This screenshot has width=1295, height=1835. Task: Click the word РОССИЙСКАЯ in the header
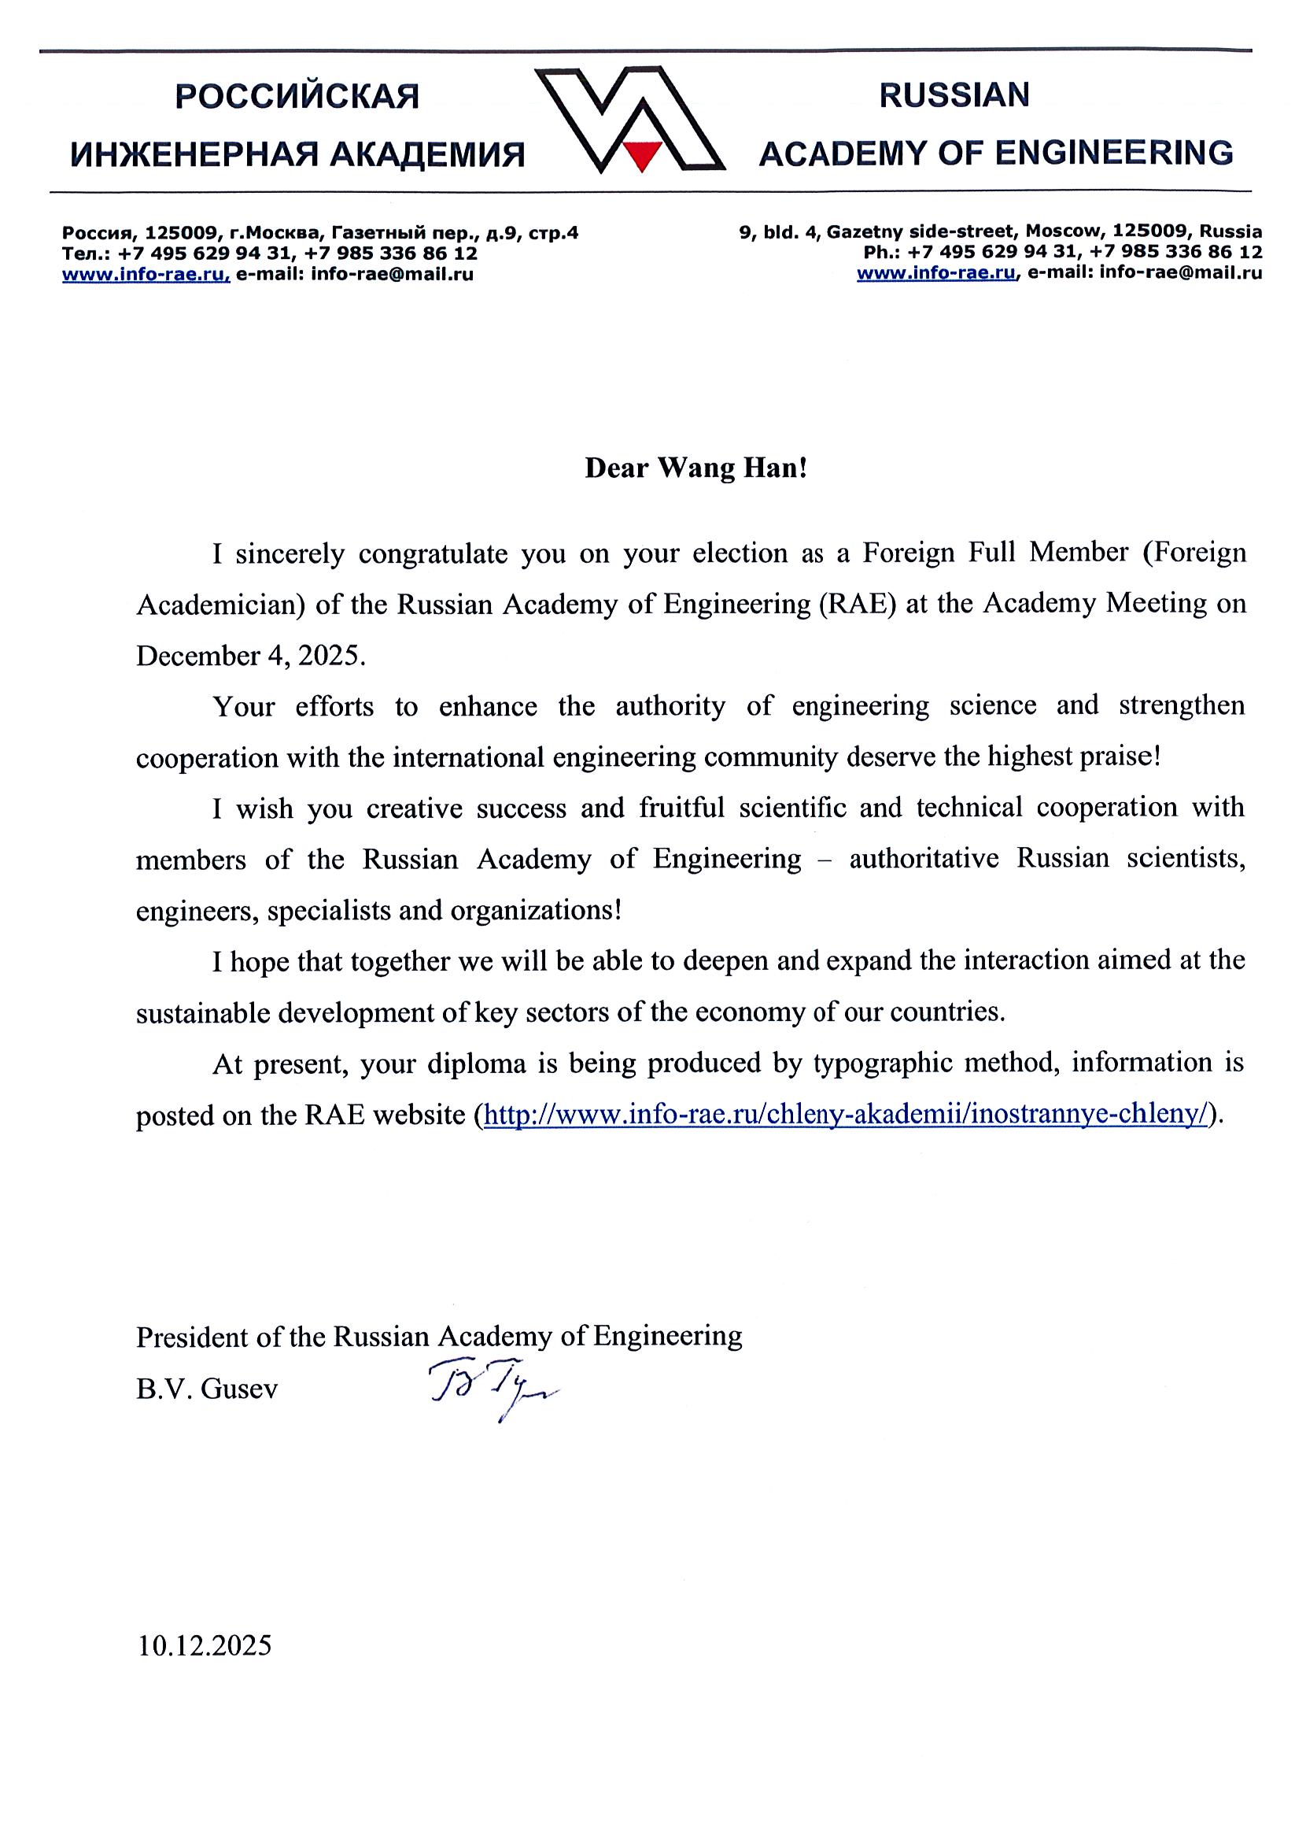point(297,98)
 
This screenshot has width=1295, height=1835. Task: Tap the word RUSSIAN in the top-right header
point(954,96)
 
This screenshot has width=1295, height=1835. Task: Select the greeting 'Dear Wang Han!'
point(695,468)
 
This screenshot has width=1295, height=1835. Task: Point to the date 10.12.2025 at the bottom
point(205,1644)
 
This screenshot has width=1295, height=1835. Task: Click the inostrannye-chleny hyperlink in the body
point(845,1114)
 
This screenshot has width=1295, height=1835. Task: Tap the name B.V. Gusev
point(207,1389)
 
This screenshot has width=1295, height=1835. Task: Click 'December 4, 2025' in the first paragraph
point(250,655)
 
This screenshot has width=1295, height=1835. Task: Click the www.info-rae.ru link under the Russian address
point(146,274)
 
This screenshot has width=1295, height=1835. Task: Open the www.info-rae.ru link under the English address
point(936,272)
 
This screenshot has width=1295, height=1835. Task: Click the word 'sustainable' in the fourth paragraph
point(204,1012)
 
